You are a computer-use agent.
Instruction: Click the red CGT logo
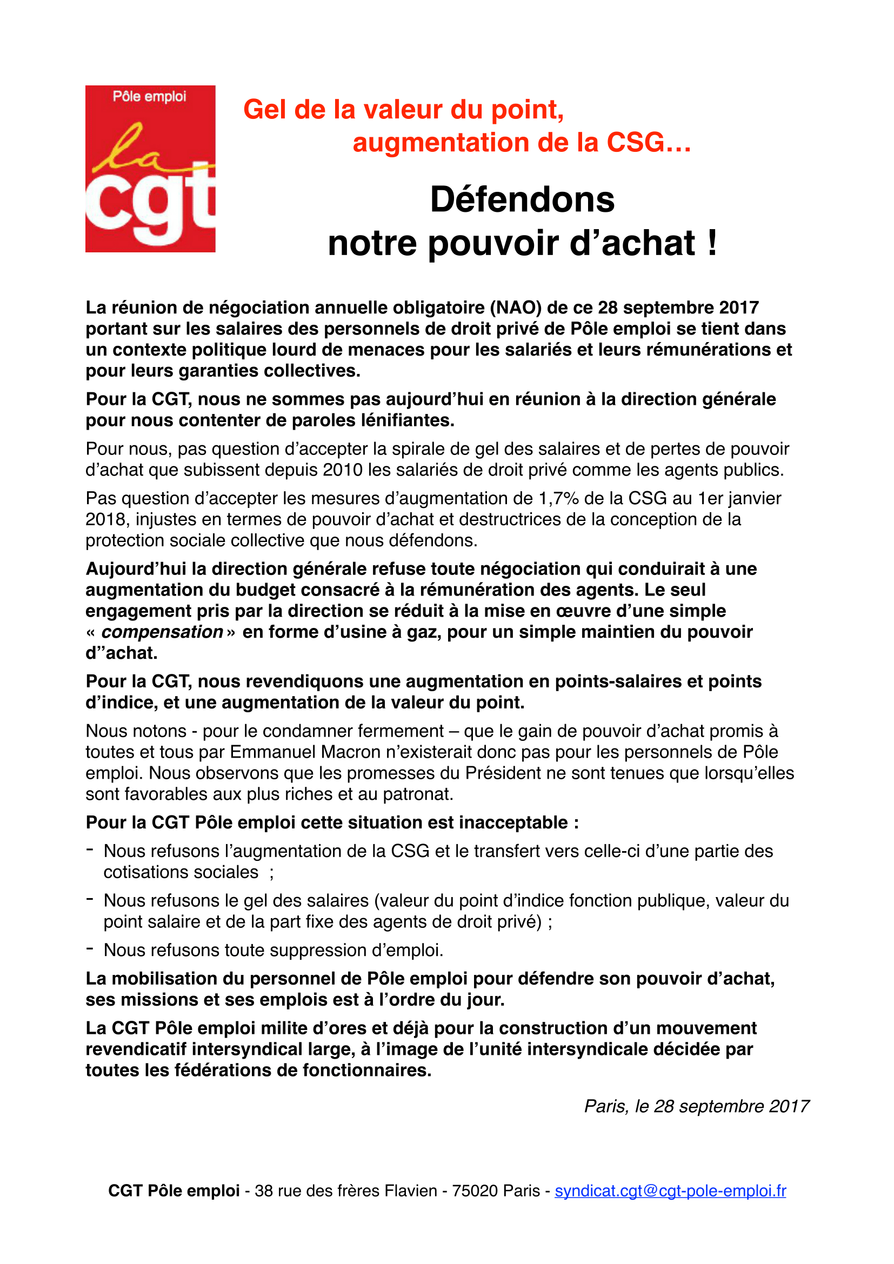150,169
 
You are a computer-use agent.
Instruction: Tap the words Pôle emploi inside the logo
149,96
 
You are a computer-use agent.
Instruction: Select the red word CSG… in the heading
649,143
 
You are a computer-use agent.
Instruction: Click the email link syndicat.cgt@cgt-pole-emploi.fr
670,1191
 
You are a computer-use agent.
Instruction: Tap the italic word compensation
162,632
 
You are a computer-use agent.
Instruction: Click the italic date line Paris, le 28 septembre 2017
696,1106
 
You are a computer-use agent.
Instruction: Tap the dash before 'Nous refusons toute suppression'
90,949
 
